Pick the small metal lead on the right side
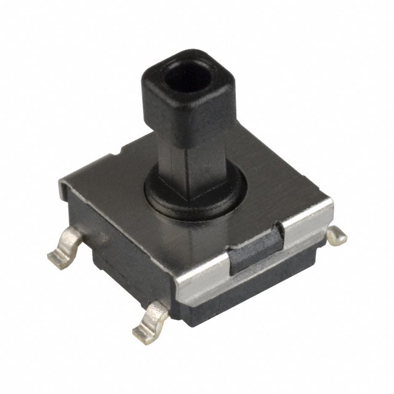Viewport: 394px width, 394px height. (x=336, y=235)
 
